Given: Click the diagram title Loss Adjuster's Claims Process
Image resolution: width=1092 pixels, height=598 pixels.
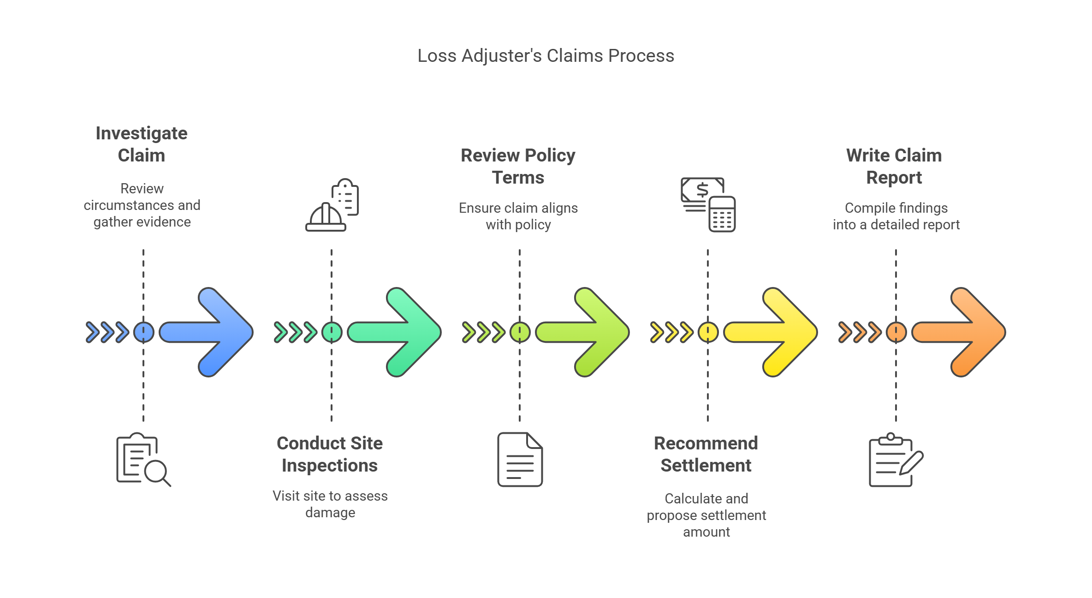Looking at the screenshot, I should pyautogui.click(x=546, y=56).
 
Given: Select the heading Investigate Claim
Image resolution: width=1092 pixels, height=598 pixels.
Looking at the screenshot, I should pyautogui.click(x=142, y=144).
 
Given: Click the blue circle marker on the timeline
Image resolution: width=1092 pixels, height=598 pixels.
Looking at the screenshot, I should pyautogui.click(x=143, y=332).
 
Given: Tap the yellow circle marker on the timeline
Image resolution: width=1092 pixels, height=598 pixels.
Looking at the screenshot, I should pyautogui.click(x=708, y=332).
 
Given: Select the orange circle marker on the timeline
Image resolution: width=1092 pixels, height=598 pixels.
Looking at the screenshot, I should pyautogui.click(x=896, y=332).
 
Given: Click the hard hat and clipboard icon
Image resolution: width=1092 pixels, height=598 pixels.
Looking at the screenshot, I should pyautogui.click(x=332, y=205).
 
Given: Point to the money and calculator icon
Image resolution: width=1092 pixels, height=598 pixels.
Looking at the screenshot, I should pyautogui.click(x=708, y=204).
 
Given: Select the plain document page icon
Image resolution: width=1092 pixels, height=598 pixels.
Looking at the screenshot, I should pyautogui.click(x=520, y=460).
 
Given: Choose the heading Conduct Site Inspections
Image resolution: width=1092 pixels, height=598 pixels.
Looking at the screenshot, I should pyautogui.click(x=330, y=454).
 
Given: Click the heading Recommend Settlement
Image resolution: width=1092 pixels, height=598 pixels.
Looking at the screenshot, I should pyautogui.click(x=706, y=454).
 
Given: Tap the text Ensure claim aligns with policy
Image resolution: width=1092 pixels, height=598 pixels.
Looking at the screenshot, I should pyautogui.click(x=518, y=216).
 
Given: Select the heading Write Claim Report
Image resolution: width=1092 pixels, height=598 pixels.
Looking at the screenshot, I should pyautogui.click(x=894, y=166).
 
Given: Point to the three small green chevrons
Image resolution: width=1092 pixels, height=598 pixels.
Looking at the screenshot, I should pyautogui.click(x=295, y=332).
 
